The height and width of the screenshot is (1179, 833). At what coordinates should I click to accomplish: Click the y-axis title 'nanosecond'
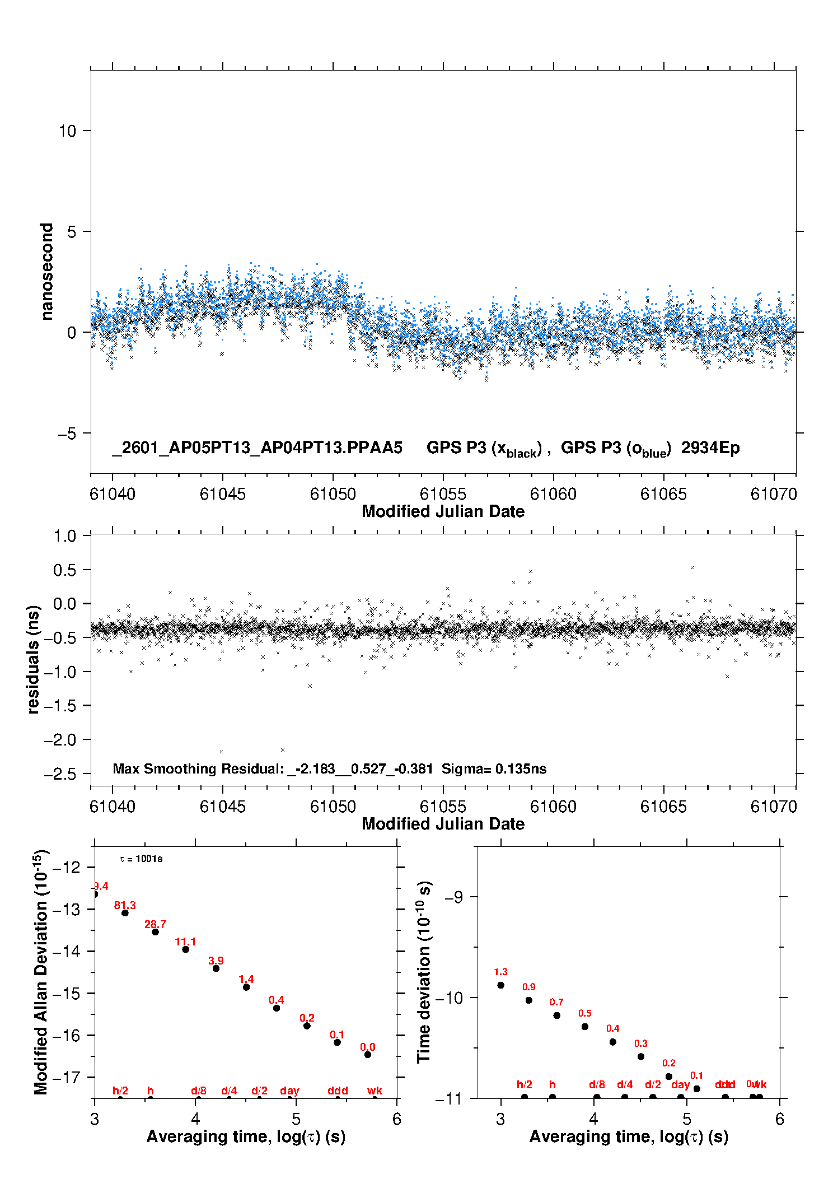coord(46,271)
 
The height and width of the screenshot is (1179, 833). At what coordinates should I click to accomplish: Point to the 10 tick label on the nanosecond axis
coord(67,131)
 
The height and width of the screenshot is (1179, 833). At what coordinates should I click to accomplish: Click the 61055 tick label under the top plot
coord(443,494)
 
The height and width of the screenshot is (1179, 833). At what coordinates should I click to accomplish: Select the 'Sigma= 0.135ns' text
coord(494,768)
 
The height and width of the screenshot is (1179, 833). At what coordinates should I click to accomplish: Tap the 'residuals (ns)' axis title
coord(34,659)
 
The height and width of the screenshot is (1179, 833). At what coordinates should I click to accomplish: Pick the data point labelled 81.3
coord(125,913)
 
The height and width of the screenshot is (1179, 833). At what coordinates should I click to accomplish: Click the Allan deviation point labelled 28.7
coord(155,932)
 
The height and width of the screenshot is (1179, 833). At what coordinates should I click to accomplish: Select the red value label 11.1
coord(185,942)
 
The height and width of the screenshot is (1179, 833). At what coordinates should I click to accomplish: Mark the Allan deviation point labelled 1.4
coord(246,987)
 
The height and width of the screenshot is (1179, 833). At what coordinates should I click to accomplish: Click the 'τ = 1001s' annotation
coord(141,859)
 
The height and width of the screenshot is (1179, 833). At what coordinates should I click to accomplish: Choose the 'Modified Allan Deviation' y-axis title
coord(40,972)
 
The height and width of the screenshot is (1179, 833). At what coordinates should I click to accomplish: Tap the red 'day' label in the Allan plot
coord(289,1091)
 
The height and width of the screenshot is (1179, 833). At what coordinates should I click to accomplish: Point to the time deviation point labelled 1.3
coord(501,985)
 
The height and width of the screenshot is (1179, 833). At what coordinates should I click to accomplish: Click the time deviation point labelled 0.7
coord(557,1015)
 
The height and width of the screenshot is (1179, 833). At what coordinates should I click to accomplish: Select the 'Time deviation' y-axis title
coord(424,972)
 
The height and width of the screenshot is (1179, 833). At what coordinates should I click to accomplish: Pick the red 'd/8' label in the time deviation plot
coord(597,1084)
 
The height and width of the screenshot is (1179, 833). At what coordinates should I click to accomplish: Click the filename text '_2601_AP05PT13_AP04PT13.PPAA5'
coord(258,448)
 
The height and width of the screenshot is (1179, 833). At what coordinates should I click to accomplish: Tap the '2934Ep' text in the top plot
coord(710,448)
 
